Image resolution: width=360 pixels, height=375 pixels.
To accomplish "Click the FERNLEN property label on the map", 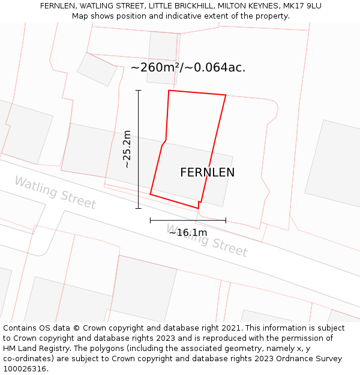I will [207, 173].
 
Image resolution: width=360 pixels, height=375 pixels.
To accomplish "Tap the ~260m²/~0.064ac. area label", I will [188, 67].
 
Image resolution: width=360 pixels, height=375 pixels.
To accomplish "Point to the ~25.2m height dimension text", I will [127, 149].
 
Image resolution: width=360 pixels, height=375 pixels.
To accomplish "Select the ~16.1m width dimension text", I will [188, 232].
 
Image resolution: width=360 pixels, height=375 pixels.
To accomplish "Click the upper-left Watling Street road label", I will [55, 192].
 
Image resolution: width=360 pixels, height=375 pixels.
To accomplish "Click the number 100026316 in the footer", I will [25, 369].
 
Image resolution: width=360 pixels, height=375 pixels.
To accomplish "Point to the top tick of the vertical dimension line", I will [139, 91].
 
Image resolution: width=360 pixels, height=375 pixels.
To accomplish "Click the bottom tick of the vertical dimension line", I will [139, 208].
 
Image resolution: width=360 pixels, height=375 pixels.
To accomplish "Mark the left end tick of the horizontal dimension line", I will [151, 220].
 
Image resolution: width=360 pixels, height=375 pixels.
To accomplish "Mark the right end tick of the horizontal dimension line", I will [226, 220].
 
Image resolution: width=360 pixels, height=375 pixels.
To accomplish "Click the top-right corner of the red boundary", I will [226, 95].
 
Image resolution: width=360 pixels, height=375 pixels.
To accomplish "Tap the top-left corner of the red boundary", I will [169, 91].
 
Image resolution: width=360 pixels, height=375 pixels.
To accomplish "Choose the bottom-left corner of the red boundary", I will [150, 194].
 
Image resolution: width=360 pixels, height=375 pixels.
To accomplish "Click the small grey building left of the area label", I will [97, 69].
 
